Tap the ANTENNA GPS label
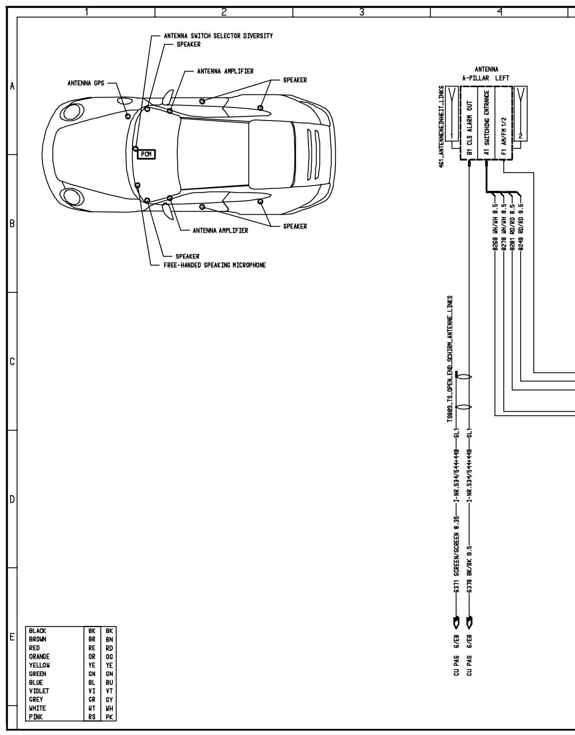[86, 83]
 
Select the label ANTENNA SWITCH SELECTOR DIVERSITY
[218, 36]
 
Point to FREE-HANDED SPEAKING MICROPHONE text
[214, 265]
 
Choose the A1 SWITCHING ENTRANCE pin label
[486, 122]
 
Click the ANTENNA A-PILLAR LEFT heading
[486, 74]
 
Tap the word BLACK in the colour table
[38, 631]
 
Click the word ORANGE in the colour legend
[40, 656]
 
